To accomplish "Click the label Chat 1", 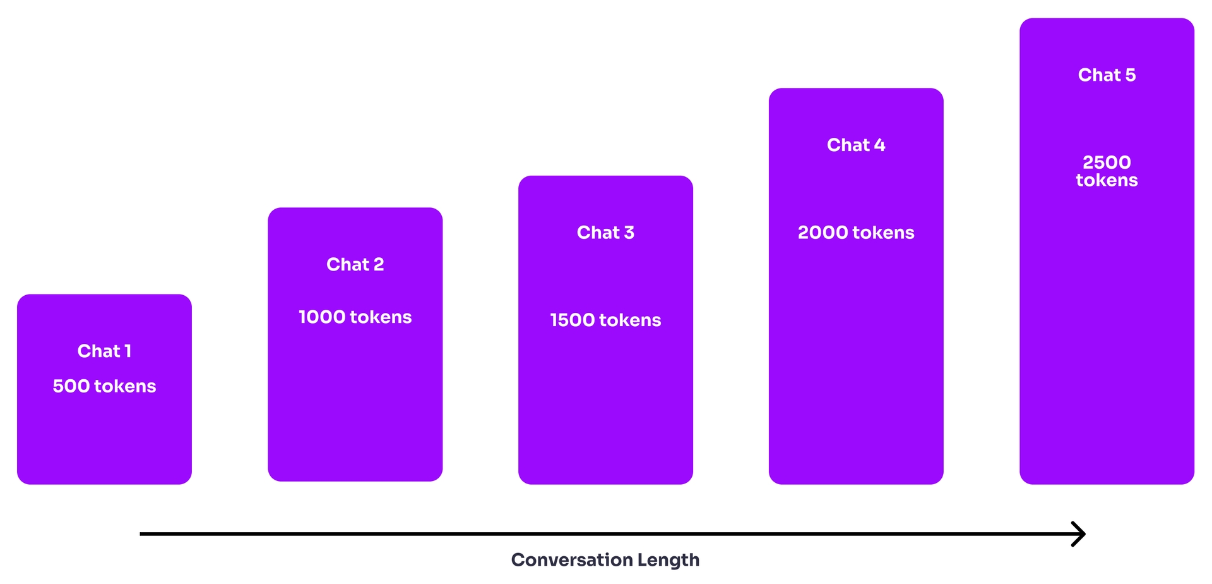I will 104,351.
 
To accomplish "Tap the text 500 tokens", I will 104,386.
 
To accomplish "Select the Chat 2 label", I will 355,264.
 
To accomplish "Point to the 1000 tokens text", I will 355,317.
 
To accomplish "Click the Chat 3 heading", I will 605,233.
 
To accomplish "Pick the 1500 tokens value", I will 605,320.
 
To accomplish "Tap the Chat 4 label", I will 856,145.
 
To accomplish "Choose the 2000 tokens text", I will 856,233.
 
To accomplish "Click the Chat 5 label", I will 1107,75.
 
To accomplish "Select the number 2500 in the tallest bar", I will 1107,162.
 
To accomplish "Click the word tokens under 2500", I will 1107,181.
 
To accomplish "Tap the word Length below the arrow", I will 668,560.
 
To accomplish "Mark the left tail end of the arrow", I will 142,534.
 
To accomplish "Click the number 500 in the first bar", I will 71,386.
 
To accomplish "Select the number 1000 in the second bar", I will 322,317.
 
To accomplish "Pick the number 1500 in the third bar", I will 573,320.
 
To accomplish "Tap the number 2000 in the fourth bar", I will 823,233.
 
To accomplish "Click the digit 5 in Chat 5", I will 1130,75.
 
